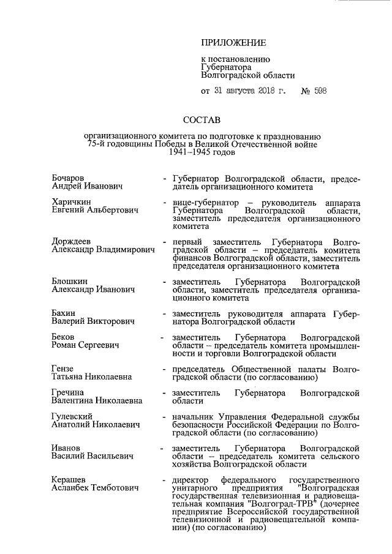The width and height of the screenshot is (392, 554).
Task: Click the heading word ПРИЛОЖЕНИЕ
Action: coord(234,43)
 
